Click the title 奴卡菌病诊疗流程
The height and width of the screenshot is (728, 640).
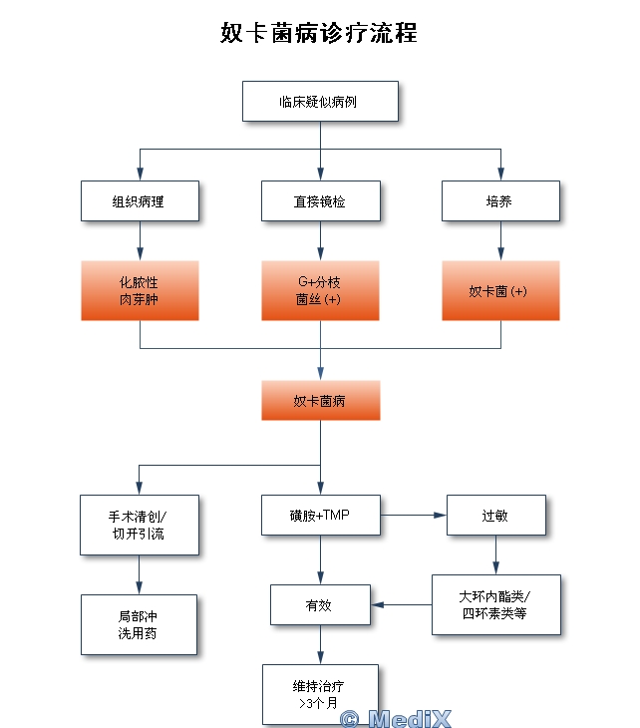coord(319,33)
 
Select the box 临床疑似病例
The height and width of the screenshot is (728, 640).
coord(320,101)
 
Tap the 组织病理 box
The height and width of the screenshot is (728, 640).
coord(140,200)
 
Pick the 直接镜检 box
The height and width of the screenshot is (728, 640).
coord(320,200)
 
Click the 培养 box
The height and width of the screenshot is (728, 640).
coord(500,200)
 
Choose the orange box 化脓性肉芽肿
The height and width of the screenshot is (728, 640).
coord(140,290)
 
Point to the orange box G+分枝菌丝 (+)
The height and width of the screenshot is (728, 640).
coord(320,290)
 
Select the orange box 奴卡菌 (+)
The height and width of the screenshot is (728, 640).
coord(500,290)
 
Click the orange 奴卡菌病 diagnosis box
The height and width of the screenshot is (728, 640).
coord(320,400)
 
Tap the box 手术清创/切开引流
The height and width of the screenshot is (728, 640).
coord(140,525)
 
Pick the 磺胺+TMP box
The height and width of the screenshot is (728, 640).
coord(320,515)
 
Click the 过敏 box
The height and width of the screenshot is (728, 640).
coord(495,515)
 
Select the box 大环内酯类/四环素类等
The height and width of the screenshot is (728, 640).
coord(495,604)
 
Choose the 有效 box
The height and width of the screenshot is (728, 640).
coord(320,604)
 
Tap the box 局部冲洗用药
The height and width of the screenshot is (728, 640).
coord(140,624)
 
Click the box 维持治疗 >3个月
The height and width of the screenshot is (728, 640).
coord(320,694)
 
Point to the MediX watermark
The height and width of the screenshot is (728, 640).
coord(396,717)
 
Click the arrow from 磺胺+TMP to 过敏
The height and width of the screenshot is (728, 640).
coord(413,515)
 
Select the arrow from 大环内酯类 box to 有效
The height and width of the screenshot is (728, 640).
coord(401,604)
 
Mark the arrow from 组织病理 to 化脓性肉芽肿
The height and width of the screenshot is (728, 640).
coord(140,240)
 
